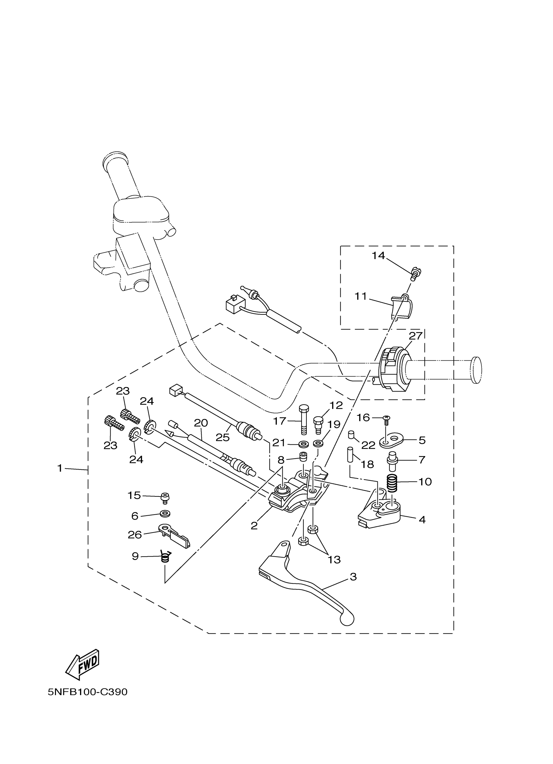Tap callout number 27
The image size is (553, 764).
[415, 336]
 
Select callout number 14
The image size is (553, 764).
[378, 256]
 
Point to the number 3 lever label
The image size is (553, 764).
[353, 577]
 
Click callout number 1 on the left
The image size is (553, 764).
[60, 468]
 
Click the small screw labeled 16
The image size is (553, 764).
[387, 419]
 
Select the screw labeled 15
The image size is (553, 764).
[165, 497]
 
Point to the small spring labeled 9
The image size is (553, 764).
[165, 558]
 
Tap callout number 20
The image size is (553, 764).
[201, 423]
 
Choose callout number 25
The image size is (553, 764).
[223, 437]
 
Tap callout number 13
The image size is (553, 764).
[334, 560]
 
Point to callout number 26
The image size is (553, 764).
[135, 535]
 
